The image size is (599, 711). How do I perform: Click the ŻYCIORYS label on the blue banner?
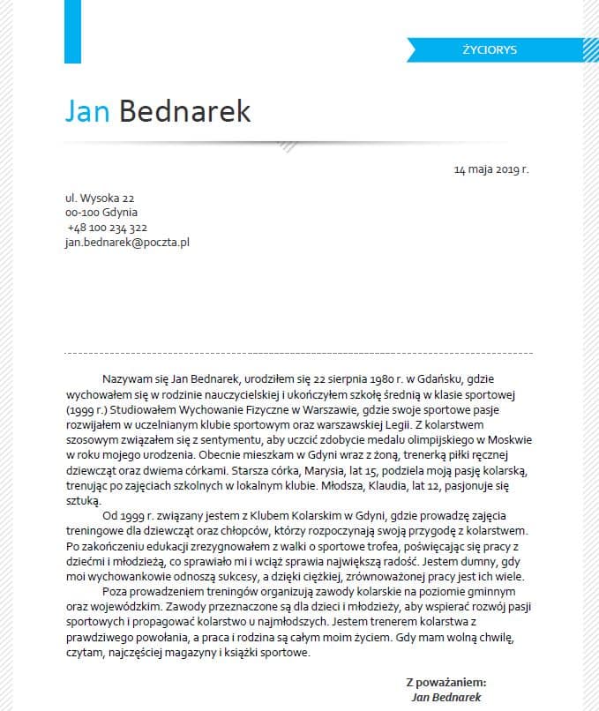click(489, 49)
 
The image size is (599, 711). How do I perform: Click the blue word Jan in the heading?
click(86, 112)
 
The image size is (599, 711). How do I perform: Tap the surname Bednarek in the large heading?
click(184, 112)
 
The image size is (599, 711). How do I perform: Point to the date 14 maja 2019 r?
click(491, 168)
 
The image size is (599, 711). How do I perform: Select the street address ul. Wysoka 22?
click(100, 199)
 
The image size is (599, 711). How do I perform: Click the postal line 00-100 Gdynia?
click(101, 213)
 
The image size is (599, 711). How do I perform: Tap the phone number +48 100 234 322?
click(108, 227)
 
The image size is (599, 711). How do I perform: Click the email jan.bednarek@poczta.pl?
click(128, 241)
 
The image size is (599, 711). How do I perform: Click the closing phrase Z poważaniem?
click(446, 682)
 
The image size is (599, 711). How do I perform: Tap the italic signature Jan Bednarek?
click(446, 696)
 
